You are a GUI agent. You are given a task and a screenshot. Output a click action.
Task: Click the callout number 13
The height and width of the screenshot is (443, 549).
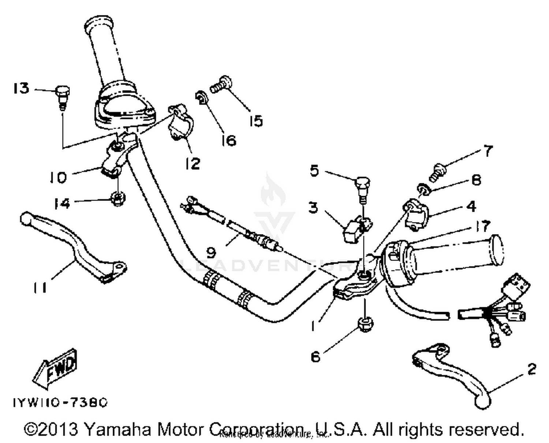[x=21, y=88]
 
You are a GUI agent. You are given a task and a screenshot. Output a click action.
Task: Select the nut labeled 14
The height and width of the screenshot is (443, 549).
[x=118, y=199]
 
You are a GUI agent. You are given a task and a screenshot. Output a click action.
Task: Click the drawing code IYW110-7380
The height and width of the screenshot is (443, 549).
[x=60, y=402]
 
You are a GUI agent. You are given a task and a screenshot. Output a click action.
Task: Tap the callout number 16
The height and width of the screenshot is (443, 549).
[x=229, y=140]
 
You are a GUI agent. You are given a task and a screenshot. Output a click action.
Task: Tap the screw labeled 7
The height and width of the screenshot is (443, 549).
[x=438, y=172]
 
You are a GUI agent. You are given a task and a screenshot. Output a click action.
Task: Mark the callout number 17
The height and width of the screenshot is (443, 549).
[x=483, y=226]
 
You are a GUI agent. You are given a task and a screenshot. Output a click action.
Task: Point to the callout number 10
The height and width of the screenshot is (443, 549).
[x=59, y=177]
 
